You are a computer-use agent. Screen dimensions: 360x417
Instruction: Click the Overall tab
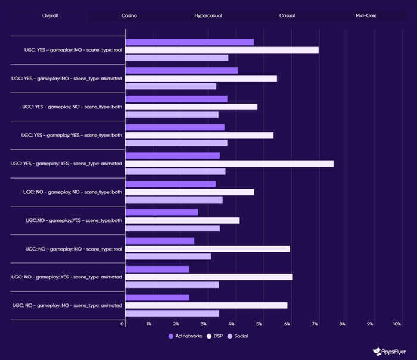[50, 15]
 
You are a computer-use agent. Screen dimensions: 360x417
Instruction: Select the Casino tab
[129, 15]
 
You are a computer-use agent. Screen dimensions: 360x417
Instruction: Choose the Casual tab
[287, 15]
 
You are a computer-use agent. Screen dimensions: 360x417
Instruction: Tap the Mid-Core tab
[366, 15]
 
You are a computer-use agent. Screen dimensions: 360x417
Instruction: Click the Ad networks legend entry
[185, 336]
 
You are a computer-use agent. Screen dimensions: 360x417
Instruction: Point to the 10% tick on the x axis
[397, 324]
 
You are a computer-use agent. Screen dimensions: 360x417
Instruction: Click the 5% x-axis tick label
[259, 324]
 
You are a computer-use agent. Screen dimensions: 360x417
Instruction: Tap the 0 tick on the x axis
[123, 324]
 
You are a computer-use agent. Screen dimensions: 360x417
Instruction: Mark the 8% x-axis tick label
[342, 324]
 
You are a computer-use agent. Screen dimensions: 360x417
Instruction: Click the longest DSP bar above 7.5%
[229, 164]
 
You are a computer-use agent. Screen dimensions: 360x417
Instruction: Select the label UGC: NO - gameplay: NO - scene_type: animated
[67, 305]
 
